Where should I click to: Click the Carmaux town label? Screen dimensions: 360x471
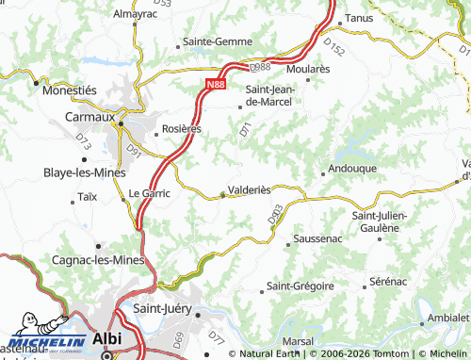(x=89, y=117)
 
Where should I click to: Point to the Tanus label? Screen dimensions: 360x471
(x=360, y=18)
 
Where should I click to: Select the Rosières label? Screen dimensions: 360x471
(x=181, y=128)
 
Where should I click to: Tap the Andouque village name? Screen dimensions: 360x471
(x=352, y=168)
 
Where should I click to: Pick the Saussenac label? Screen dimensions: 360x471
(x=318, y=239)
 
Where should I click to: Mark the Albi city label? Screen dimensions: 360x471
(x=107, y=340)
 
